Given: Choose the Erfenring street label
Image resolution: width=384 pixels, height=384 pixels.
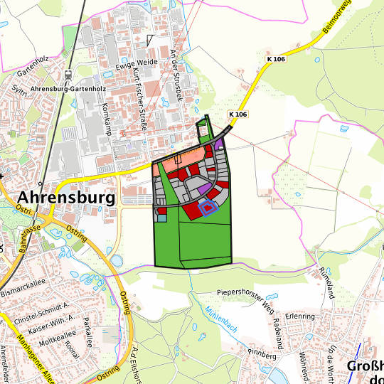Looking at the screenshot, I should (299, 315).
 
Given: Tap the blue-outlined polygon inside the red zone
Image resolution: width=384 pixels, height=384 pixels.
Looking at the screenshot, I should (207, 207).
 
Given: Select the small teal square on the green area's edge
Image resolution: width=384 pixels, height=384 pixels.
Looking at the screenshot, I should (161, 218).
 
